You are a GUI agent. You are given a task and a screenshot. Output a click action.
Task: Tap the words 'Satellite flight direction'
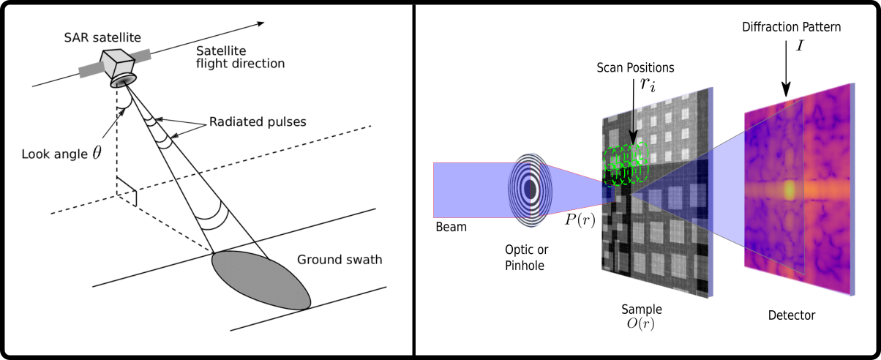239,57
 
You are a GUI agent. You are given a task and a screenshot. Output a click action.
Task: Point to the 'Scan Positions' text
635,67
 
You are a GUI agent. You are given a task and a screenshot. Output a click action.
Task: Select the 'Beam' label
451,227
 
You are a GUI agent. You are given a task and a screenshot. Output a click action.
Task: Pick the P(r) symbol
579,220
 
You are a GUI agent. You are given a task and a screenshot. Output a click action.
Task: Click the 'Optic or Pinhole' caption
525,257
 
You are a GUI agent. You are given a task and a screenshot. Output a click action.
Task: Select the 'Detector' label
791,315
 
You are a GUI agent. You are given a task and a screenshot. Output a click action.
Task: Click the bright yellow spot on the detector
790,190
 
